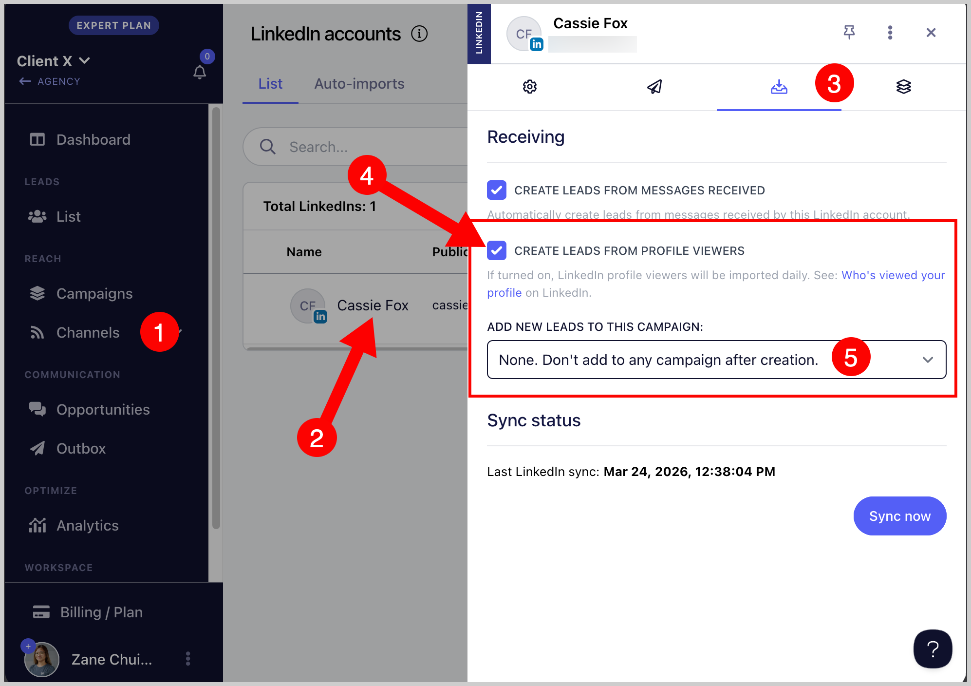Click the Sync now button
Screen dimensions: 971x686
[899, 516]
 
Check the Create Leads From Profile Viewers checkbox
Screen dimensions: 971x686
[497, 250]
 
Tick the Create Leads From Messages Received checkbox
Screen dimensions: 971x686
[497, 190]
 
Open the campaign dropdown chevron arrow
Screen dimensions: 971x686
[928, 360]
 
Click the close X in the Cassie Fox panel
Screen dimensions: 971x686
[931, 33]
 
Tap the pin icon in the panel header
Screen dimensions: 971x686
[849, 32]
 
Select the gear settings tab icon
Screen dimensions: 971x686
[530, 87]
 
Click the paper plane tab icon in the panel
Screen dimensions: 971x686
[654, 87]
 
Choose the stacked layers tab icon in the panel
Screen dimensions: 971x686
[904, 87]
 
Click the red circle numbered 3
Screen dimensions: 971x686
[834, 83]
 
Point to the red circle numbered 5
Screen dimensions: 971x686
[851, 357]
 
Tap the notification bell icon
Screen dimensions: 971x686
[200, 72]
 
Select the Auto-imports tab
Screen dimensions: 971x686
[359, 84]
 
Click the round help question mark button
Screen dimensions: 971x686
[933, 649]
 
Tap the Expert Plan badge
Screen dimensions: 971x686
[113, 25]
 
